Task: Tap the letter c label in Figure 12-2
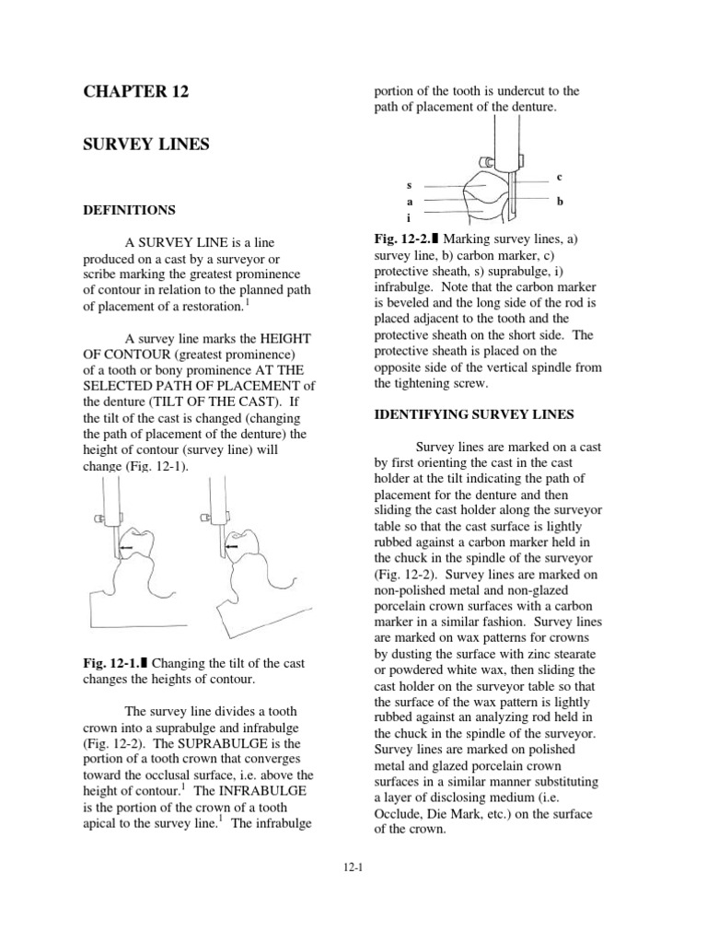click(560, 176)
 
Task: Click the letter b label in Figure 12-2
click(560, 199)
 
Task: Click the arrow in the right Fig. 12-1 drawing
click(233, 546)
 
